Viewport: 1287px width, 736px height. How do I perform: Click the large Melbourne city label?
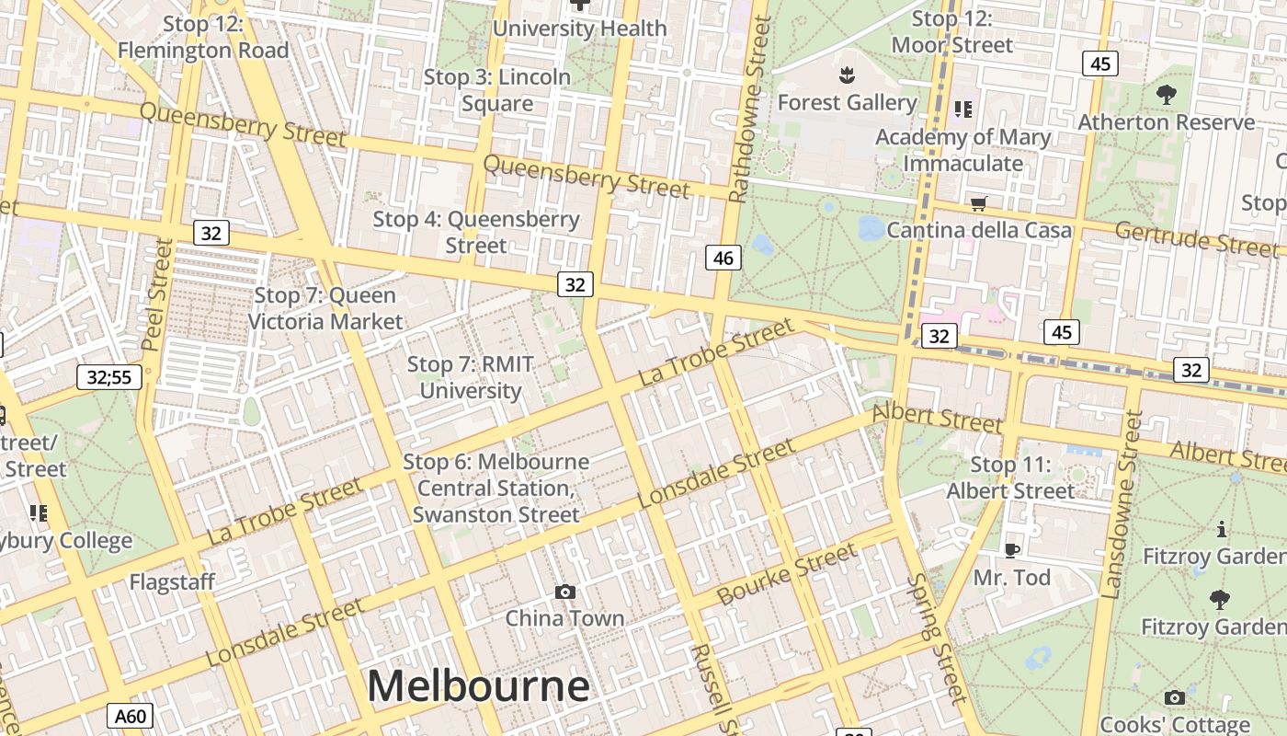pyautogui.click(x=478, y=686)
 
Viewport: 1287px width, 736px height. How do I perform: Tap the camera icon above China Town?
pyautogui.click(x=565, y=592)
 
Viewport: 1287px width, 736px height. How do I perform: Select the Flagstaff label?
pyautogui.click(x=172, y=582)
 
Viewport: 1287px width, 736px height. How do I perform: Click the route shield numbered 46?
pyautogui.click(x=723, y=258)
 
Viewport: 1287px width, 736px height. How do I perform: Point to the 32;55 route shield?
pyautogui.click(x=108, y=376)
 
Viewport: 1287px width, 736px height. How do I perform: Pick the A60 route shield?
pyautogui.click(x=130, y=716)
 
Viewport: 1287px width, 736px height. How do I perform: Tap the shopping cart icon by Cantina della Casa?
pyautogui.click(x=978, y=203)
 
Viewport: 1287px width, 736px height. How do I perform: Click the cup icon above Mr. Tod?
pyautogui.click(x=1011, y=550)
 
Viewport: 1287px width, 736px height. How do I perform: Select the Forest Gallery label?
pyautogui.click(x=847, y=102)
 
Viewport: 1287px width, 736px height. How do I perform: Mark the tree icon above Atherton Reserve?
pyautogui.click(x=1166, y=94)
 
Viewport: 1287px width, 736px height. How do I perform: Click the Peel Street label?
pyautogui.click(x=156, y=294)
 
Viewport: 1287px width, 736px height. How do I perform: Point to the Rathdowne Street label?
pyautogui.click(x=748, y=109)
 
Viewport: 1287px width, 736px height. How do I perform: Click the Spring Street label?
pyautogui.click(x=937, y=638)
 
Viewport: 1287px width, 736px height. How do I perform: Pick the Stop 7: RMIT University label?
pyautogui.click(x=470, y=377)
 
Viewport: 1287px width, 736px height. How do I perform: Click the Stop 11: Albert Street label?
pyautogui.click(x=1010, y=477)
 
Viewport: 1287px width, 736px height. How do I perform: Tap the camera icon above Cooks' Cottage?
pyautogui.click(x=1174, y=697)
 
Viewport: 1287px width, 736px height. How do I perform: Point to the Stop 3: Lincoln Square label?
pyautogui.click(x=497, y=90)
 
